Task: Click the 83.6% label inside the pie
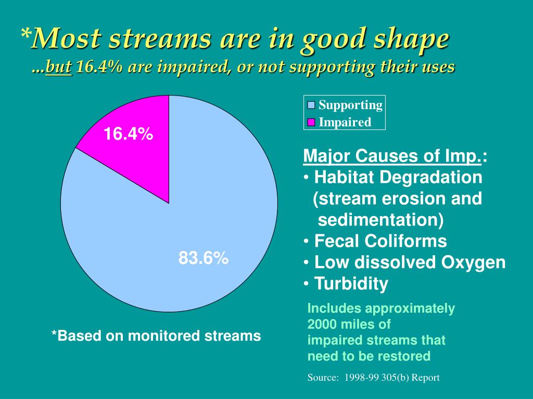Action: (204, 258)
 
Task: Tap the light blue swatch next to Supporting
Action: (311, 105)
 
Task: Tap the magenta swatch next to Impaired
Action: (311, 123)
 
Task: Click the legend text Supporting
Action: (350, 105)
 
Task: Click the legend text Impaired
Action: (345, 123)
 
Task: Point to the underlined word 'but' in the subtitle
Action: (58, 67)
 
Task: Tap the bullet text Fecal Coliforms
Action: (380, 241)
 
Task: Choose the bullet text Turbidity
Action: (351, 284)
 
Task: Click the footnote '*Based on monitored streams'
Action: (156, 336)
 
